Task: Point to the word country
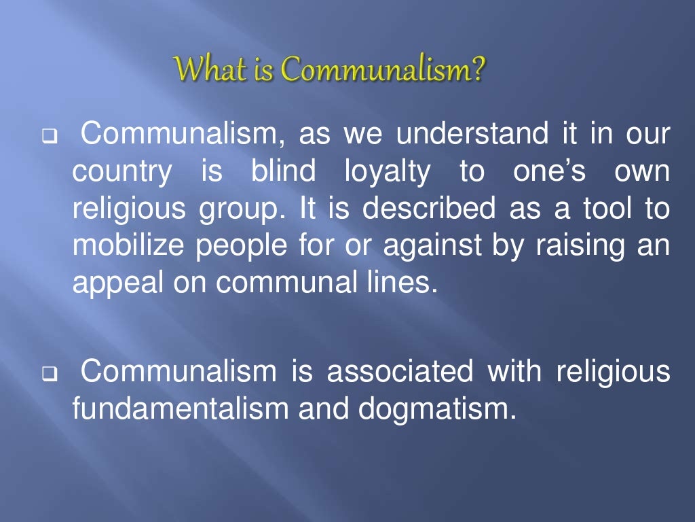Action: [x=122, y=173]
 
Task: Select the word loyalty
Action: [x=387, y=173]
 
